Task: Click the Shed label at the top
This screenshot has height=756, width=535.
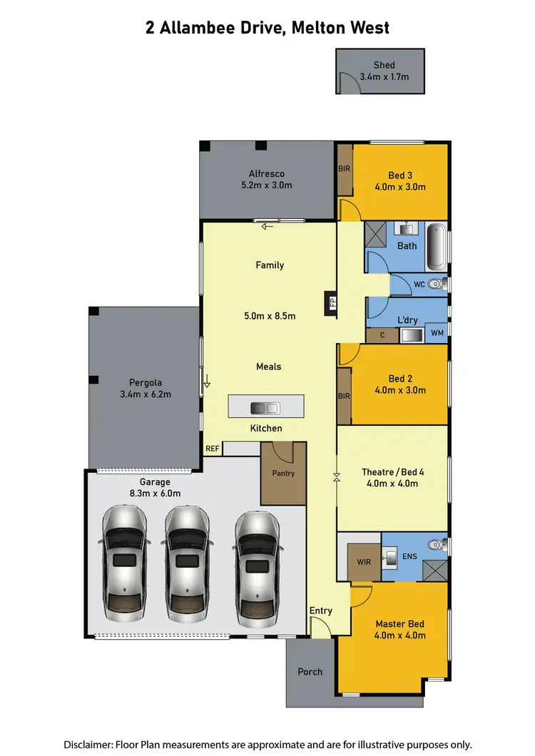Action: pyautogui.click(x=384, y=65)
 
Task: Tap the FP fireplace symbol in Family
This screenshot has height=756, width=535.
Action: pyautogui.click(x=330, y=302)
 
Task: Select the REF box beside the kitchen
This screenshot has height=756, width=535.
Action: pyautogui.click(x=213, y=449)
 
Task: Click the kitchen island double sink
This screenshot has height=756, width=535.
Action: pyautogui.click(x=265, y=407)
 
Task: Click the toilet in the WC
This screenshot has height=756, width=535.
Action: pyautogui.click(x=440, y=285)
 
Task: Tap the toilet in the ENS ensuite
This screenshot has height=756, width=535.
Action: pyautogui.click(x=437, y=546)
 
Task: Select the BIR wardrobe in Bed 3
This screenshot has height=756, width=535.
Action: pyautogui.click(x=344, y=170)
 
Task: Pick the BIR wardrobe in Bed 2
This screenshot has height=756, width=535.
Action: pyautogui.click(x=344, y=395)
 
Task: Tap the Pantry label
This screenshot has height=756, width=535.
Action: pyautogui.click(x=283, y=473)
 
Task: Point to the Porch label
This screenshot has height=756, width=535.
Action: pyautogui.click(x=310, y=672)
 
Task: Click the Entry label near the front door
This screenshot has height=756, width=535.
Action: pyautogui.click(x=320, y=611)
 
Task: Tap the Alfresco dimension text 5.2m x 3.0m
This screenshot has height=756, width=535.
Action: pyautogui.click(x=267, y=185)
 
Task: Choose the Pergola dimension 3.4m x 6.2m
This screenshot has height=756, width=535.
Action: pyautogui.click(x=146, y=394)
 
